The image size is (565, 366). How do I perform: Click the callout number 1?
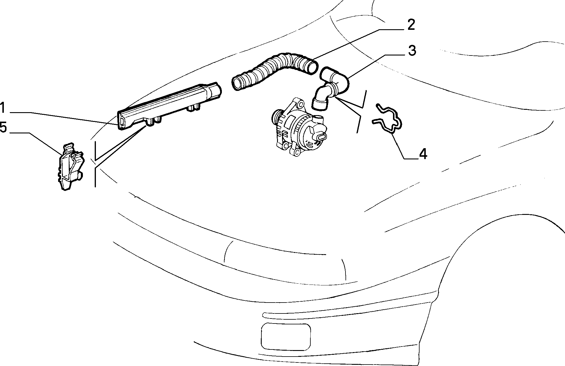click(3, 108)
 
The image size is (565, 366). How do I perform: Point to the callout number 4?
click(423, 154)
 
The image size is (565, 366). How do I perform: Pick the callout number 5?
click(3, 128)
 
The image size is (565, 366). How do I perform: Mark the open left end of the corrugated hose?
click(238, 83)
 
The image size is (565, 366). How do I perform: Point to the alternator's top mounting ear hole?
click(300, 104)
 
